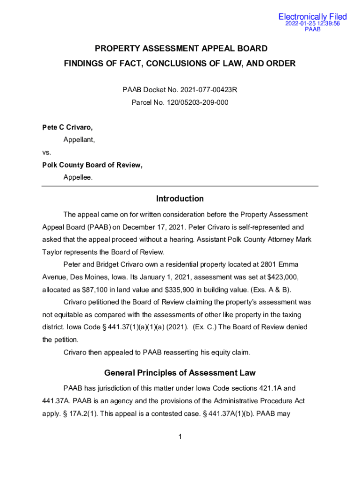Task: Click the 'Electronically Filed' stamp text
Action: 312,17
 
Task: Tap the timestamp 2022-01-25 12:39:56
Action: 312,23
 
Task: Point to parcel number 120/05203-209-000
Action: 198,102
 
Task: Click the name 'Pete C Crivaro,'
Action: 64,127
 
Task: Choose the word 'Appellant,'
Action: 79,139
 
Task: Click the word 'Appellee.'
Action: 78,177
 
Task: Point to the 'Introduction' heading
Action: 180,199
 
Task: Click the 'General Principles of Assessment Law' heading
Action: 180,373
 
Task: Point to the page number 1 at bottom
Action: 180,437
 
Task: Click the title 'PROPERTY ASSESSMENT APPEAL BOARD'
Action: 181,49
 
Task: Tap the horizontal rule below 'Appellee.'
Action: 180,186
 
